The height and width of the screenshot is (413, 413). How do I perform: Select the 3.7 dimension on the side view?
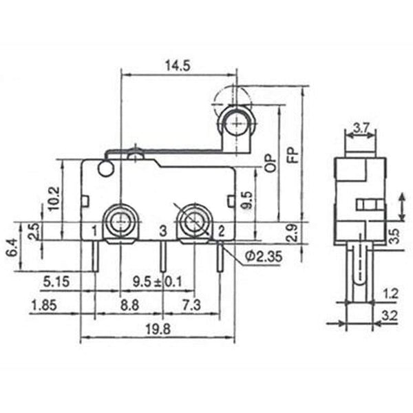(x=361, y=127)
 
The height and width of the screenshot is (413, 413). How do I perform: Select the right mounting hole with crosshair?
(x=193, y=221)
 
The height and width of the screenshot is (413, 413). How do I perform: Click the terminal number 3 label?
(x=162, y=231)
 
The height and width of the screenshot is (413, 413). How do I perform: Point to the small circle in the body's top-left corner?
(x=105, y=169)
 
